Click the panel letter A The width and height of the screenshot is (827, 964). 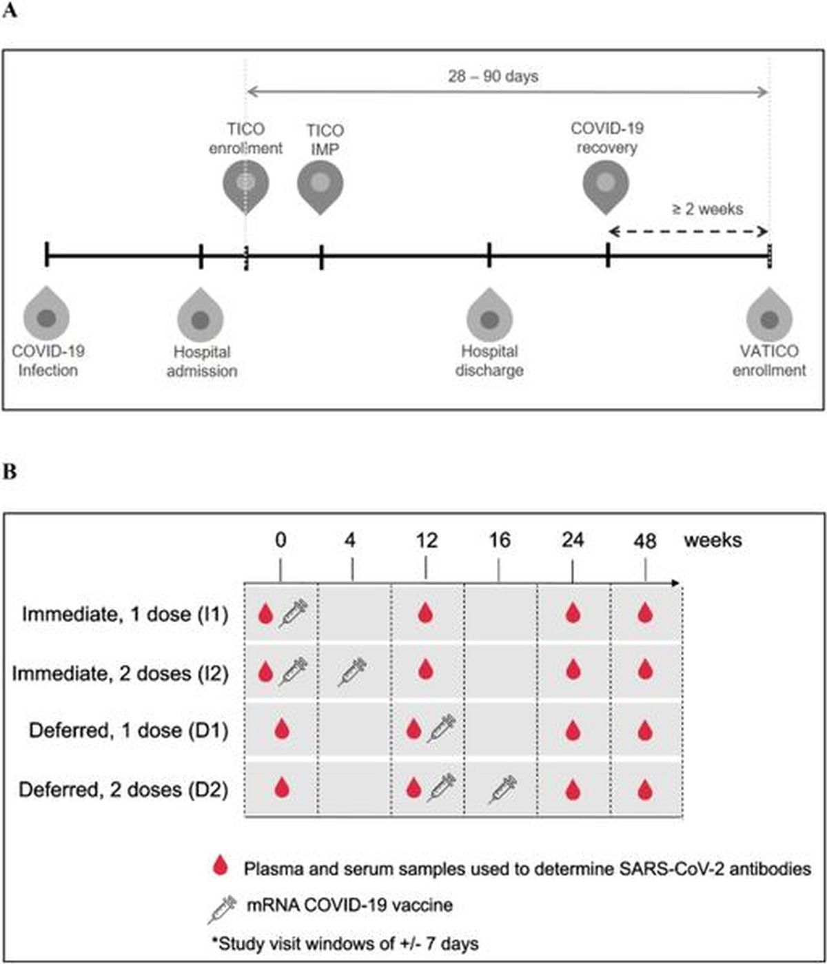coord(10,10)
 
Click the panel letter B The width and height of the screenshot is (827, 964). coord(10,471)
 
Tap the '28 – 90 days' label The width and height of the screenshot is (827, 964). coord(493,76)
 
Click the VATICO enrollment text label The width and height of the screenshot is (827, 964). coord(769,360)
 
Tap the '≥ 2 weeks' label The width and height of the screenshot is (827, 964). coord(708,209)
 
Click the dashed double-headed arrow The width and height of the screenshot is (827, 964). coord(688,232)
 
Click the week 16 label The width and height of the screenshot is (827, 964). coord(500,540)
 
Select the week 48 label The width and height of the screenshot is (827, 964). coord(645,541)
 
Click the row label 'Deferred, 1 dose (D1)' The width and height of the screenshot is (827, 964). coord(128,730)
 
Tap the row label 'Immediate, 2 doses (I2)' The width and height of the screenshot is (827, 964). coord(121,673)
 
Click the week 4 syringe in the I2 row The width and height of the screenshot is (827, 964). coord(352,672)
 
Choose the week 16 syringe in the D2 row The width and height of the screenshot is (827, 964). coord(502,790)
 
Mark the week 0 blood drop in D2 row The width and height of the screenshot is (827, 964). coord(282,788)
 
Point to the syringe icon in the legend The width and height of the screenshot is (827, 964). coord(223,910)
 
